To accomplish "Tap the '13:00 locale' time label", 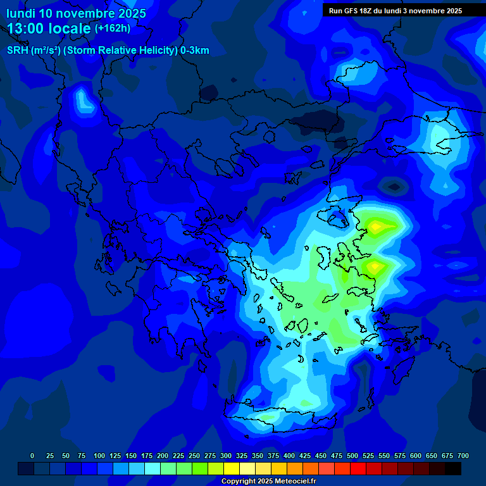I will coord(49,28).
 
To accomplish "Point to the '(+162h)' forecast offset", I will coord(113,28).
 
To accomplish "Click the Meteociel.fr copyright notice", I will coord(268,481).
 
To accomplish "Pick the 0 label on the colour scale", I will coord(32,456).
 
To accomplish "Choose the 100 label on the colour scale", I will coord(99,456).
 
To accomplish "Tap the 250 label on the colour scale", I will coord(194,456).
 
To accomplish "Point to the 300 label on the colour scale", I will coord(226,456).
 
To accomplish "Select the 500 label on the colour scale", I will coord(352,456).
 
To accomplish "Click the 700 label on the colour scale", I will coord(463,456).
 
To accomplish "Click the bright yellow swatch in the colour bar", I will coord(232,468).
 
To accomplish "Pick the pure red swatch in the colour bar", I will coord(358,468).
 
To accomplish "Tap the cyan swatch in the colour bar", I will coord(153,468).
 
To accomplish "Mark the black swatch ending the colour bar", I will coord(453,468).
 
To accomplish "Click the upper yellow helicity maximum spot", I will coord(377,225).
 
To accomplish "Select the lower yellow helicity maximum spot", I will coord(374,265).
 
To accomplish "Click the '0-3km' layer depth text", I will coord(195,51).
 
